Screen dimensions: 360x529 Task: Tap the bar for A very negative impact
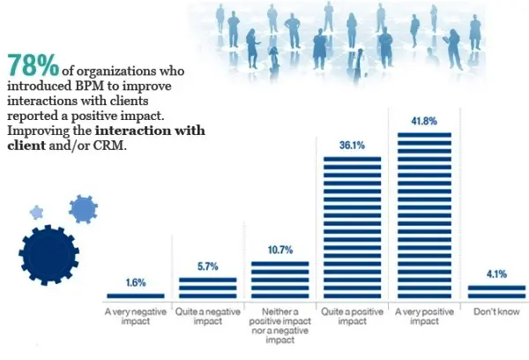(135, 296)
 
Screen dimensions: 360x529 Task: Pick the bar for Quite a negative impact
(207, 289)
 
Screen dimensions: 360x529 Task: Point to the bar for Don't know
(496, 292)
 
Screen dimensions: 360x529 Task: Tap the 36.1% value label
(352, 147)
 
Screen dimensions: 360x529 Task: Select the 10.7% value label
(279, 251)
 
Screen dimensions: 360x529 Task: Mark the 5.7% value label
(207, 267)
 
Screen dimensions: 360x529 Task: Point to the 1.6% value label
(135, 282)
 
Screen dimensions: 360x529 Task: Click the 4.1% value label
(496, 274)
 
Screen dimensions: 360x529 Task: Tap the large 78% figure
(33, 64)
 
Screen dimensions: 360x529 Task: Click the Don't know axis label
(496, 312)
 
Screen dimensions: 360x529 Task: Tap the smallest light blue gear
(36, 212)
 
